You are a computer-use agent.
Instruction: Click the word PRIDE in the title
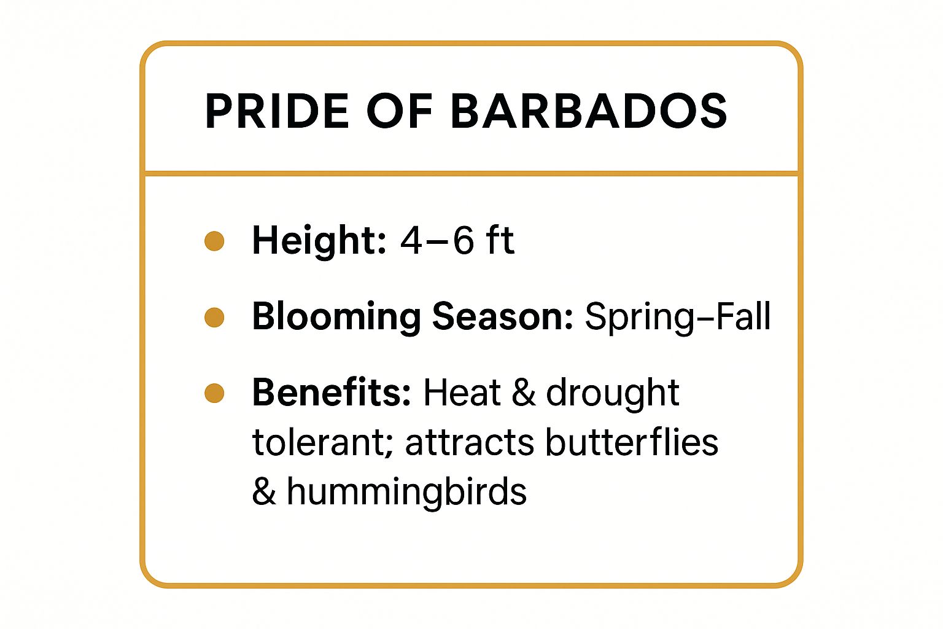point(277,112)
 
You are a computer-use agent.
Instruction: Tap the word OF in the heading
point(400,112)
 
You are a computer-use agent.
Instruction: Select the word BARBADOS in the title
point(589,112)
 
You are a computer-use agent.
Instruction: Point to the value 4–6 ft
point(457,240)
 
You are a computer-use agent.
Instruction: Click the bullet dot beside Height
point(214,241)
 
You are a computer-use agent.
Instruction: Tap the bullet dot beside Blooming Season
point(214,318)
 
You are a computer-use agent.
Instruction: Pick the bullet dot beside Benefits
point(214,393)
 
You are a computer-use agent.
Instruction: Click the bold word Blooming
point(336,318)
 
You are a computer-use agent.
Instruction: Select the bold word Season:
point(502,318)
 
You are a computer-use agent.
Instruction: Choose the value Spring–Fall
point(677,318)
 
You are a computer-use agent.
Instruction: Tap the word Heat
point(462,393)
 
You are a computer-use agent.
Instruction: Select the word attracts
point(469,443)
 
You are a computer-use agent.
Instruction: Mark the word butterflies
point(632,442)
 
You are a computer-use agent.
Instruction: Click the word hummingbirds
point(406,492)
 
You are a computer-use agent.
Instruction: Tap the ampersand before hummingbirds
point(263,492)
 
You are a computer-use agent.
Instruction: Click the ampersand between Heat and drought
point(523,393)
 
